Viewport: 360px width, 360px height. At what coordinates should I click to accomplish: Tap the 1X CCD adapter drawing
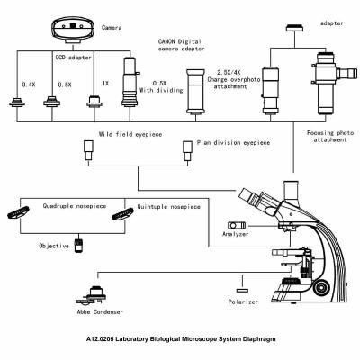point(93,103)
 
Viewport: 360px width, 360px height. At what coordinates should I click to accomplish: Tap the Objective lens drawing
point(78,244)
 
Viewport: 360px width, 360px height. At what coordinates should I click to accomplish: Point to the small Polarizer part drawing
point(240,290)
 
